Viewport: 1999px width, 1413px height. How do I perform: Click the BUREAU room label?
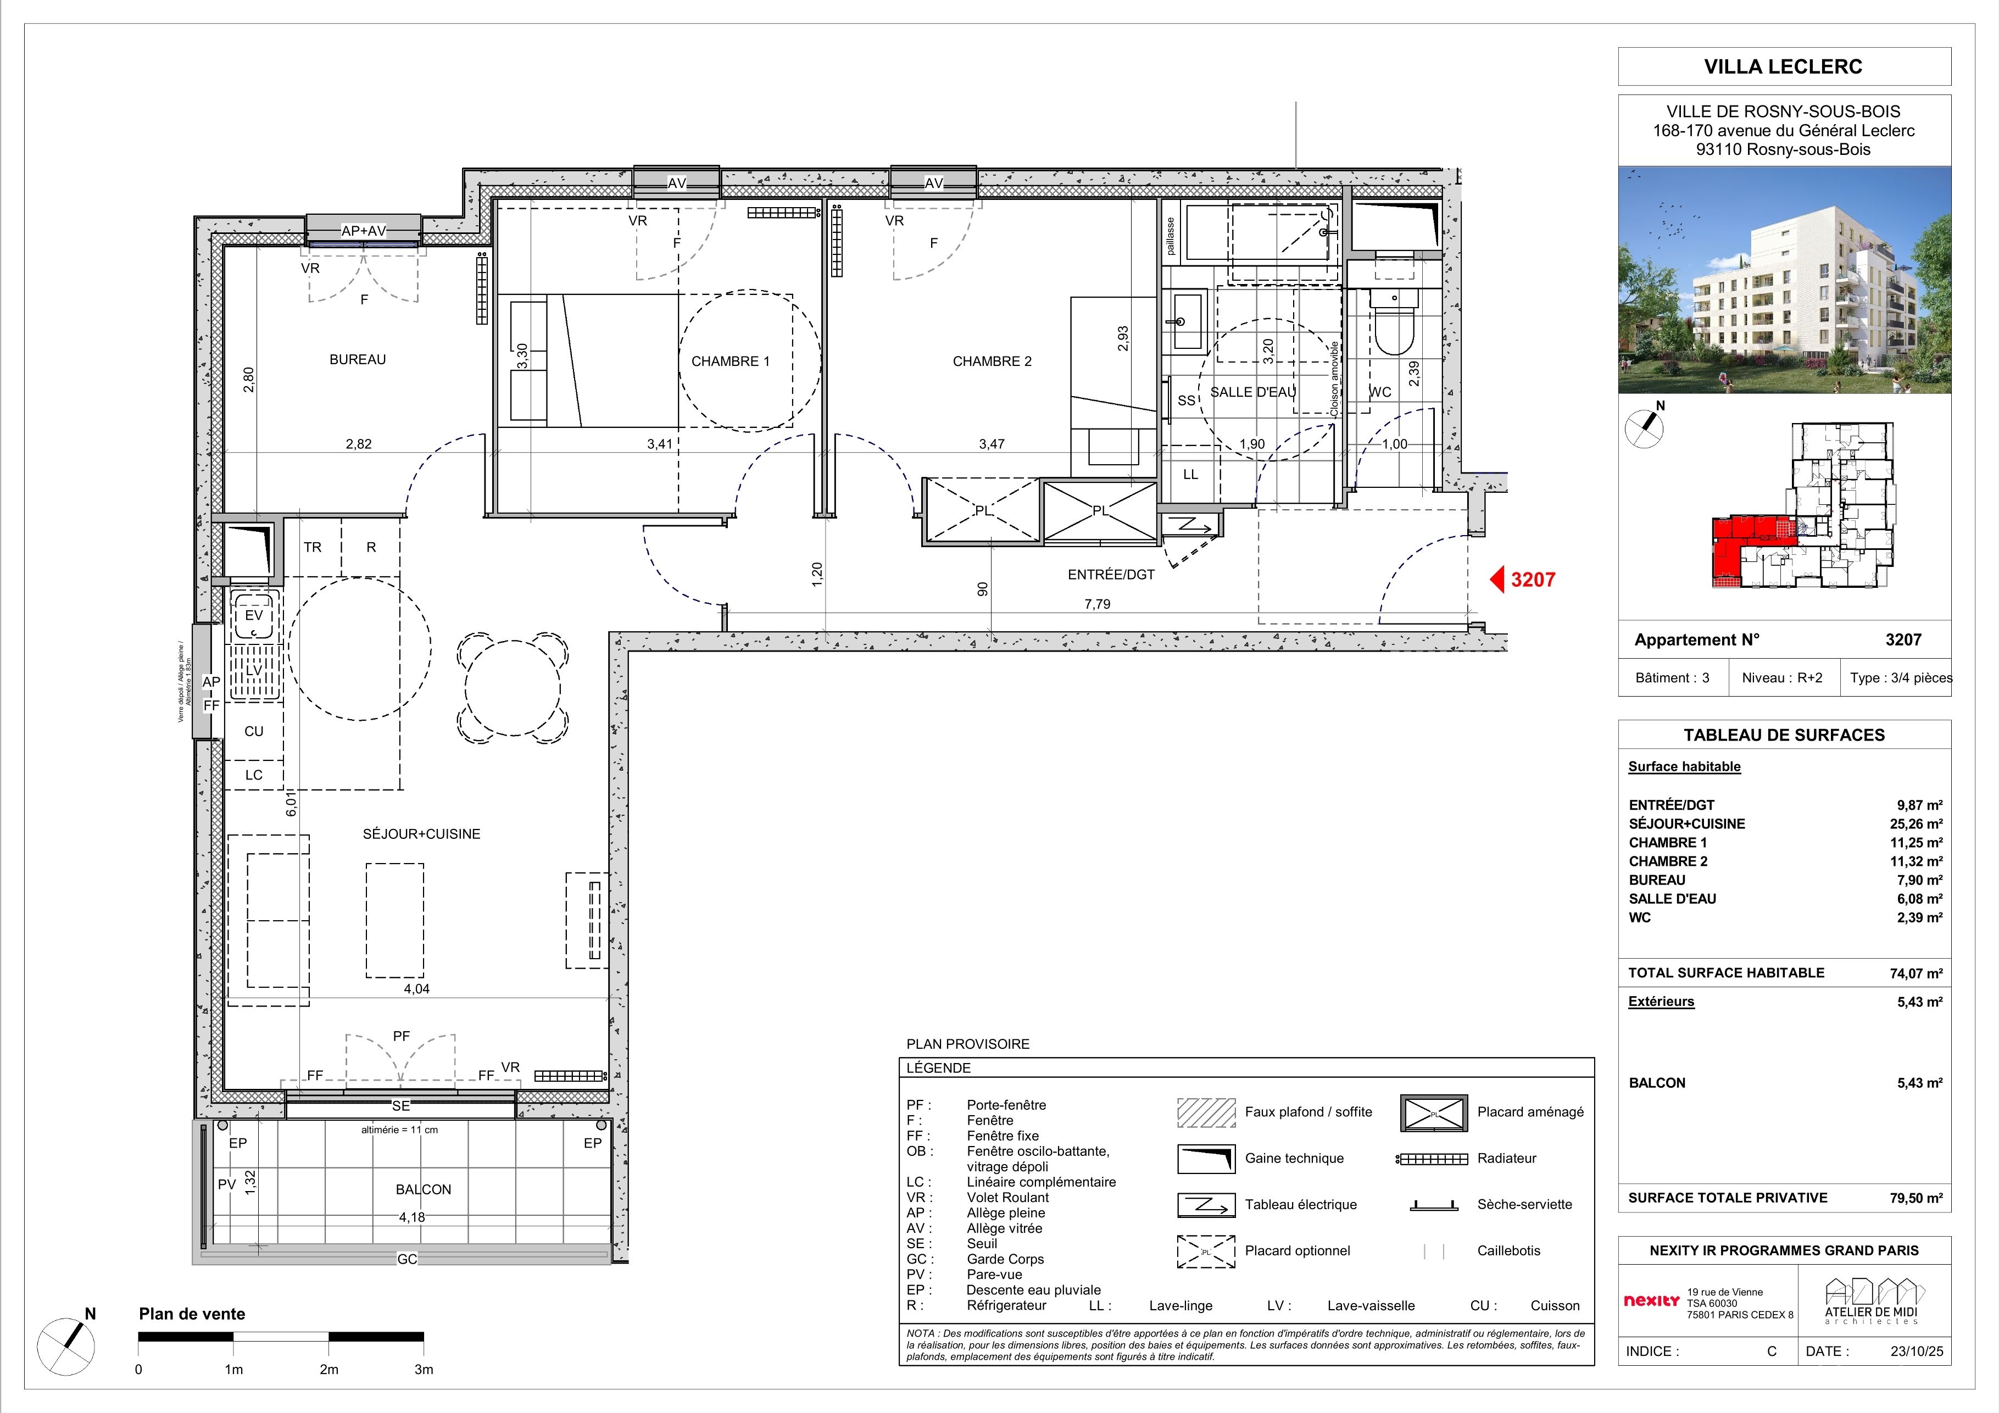[x=357, y=359]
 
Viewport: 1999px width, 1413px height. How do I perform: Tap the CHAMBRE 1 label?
[x=731, y=361]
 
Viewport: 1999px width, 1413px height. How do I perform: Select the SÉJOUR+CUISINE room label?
[x=421, y=834]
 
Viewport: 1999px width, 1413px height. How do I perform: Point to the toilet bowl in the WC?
[x=1394, y=322]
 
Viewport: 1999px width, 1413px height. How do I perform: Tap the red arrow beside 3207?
[x=1497, y=580]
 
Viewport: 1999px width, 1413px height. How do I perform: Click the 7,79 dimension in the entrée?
[x=1097, y=604]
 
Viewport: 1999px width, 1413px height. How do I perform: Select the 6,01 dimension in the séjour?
[x=292, y=804]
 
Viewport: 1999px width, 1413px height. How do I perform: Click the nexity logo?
[x=1652, y=1301]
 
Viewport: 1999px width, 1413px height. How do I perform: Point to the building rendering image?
[x=1784, y=280]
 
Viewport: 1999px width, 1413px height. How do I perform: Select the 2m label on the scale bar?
[x=328, y=1370]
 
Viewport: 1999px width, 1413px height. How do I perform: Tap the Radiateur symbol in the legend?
[x=1432, y=1159]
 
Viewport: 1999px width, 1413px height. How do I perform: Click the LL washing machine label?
[x=1190, y=475]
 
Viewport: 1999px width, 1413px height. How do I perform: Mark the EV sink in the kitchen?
[x=253, y=615]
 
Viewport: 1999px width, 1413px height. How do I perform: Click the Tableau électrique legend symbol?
[x=1206, y=1205]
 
